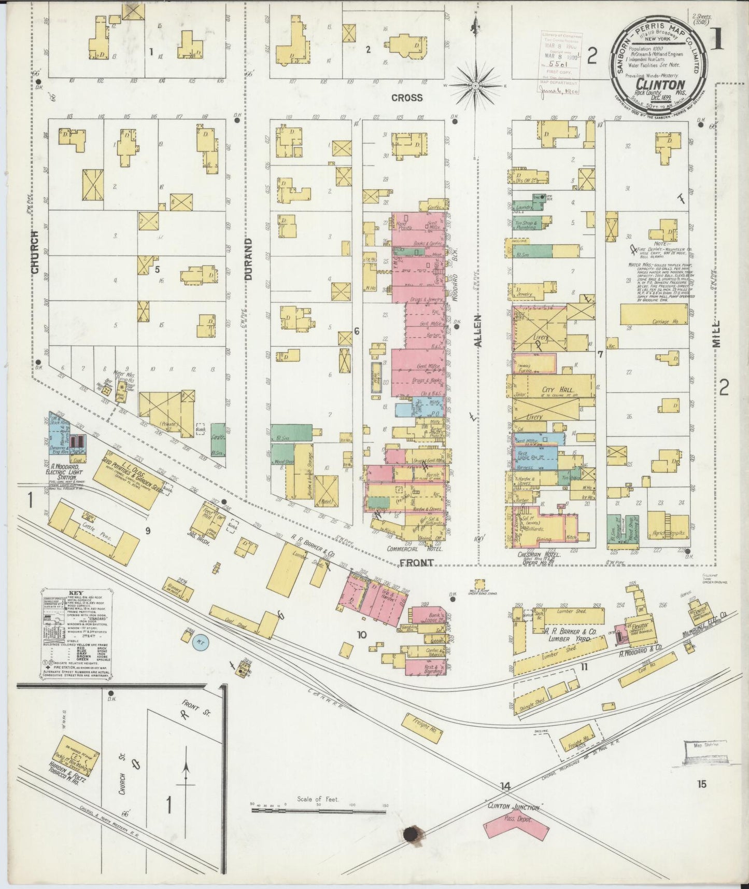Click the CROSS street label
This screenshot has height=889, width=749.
[407, 98]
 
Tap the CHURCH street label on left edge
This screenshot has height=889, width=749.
[35, 252]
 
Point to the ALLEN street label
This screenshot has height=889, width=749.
[478, 330]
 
